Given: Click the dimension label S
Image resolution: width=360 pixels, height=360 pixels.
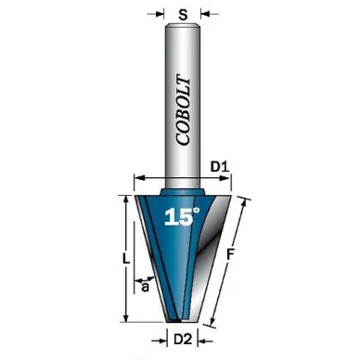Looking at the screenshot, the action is click(x=183, y=14).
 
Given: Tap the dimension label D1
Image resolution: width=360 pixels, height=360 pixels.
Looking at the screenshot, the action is click(x=220, y=167).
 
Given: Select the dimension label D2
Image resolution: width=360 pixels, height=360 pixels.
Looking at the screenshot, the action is click(x=183, y=340).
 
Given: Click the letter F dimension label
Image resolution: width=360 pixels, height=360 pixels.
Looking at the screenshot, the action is click(x=230, y=255).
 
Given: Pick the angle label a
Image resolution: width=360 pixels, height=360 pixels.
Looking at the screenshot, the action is click(x=145, y=287).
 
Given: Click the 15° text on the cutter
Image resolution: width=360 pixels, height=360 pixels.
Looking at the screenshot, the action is click(x=182, y=216).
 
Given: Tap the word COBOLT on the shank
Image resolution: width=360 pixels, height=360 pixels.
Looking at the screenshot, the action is click(x=183, y=111).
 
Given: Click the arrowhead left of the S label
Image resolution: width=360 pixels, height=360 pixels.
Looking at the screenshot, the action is click(x=160, y=14).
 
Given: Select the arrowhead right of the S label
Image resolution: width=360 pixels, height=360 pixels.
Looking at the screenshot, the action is click(x=205, y=14).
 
